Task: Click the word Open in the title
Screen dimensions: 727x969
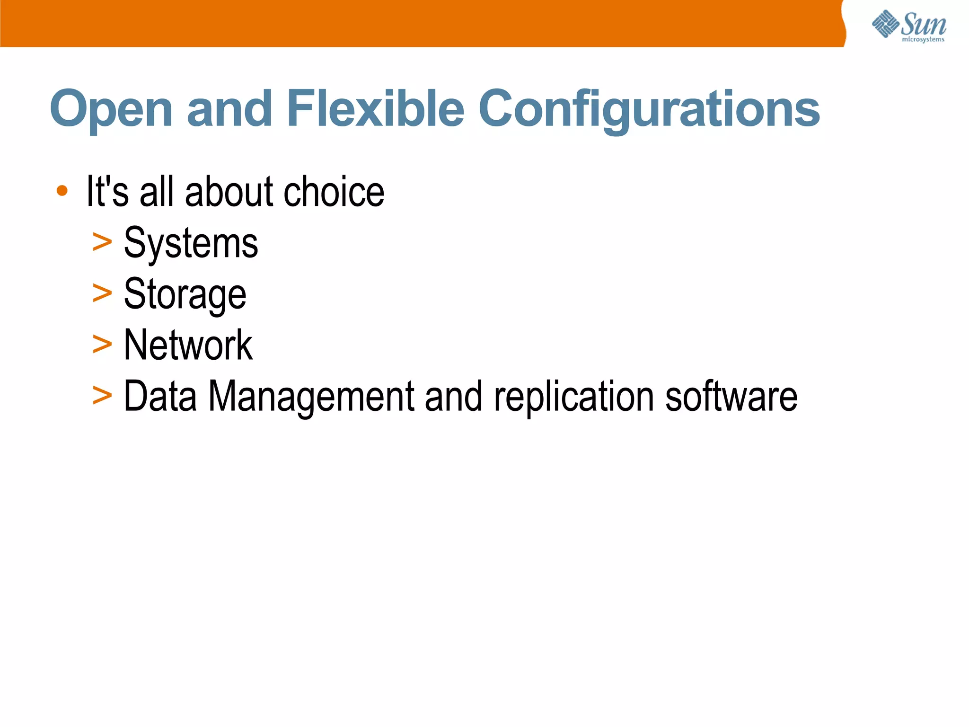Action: (111, 110)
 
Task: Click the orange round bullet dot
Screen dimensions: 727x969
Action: (62, 191)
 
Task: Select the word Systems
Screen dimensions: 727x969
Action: (191, 243)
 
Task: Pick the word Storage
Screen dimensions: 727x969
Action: (185, 294)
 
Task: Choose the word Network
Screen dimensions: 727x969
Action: (188, 345)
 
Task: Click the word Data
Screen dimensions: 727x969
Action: (160, 396)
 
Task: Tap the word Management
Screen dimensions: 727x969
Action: (311, 396)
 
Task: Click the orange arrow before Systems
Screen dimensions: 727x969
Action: (102, 242)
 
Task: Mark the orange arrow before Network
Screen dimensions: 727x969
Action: (102, 344)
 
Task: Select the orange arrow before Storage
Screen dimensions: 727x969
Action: (102, 293)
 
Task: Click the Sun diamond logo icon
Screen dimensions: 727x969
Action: (885, 24)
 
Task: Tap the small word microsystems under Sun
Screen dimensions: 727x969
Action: (923, 40)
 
